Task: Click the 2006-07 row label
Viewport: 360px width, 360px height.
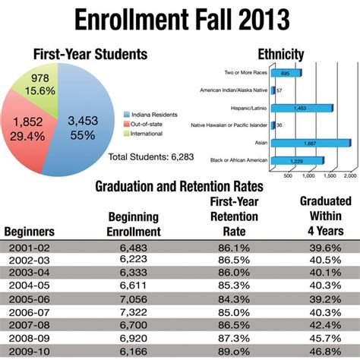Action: pos(28,311)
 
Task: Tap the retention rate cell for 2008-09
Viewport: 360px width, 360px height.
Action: pos(235,336)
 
